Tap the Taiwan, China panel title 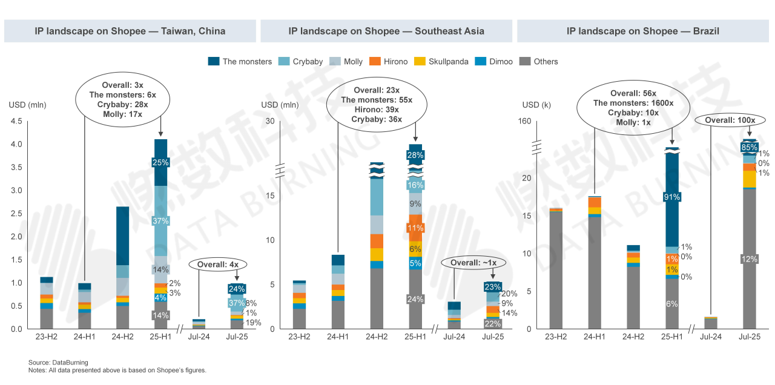[130, 31]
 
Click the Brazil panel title [642, 31]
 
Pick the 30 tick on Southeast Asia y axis [270, 121]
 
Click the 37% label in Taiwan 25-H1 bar [160, 221]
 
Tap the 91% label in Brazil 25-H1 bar [671, 197]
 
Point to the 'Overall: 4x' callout [218, 265]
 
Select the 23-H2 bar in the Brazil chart [556, 269]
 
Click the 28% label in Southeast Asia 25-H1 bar [415, 156]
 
